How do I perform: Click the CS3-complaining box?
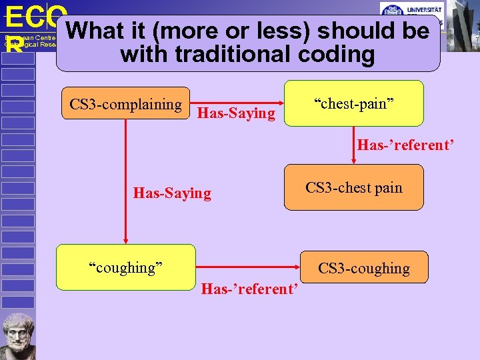point(125,104)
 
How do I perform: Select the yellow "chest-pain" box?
point(354,103)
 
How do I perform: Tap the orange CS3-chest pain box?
point(354,187)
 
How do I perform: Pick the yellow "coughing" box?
point(126,267)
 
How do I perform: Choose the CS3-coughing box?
point(363,268)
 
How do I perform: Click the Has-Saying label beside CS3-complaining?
point(237,114)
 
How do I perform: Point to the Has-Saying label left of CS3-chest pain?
point(172,193)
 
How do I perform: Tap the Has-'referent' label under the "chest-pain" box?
point(405,145)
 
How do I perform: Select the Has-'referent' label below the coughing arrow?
point(249,289)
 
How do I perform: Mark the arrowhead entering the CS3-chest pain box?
point(354,161)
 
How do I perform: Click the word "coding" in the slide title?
point(339,54)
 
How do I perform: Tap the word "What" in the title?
point(95,31)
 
